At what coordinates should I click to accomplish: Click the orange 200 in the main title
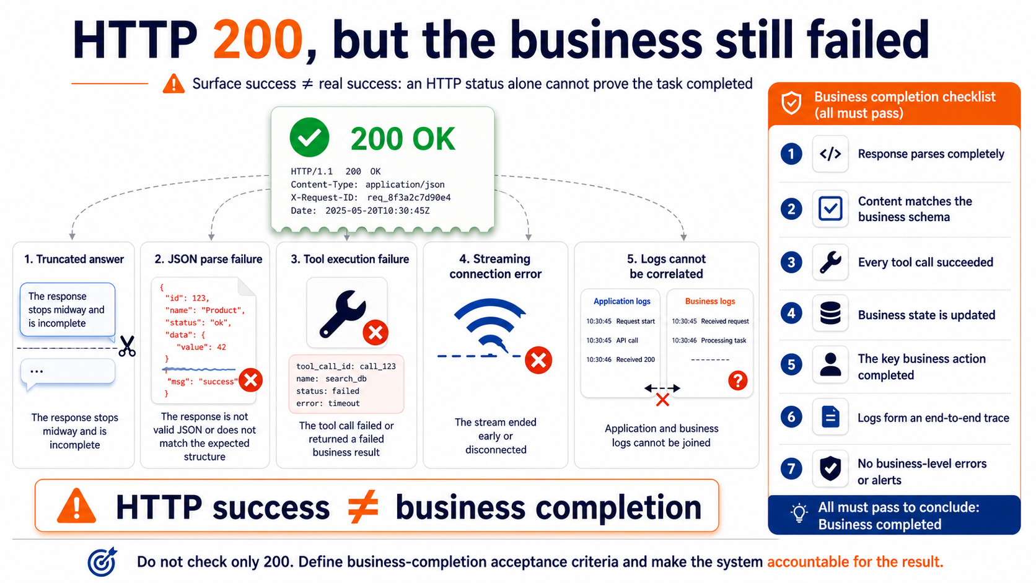tap(258, 40)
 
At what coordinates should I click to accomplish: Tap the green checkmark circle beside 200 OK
tap(309, 138)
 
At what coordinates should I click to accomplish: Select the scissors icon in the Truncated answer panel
tap(127, 346)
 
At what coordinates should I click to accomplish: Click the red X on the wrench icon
tap(375, 333)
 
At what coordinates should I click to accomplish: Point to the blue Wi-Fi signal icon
tap(489, 326)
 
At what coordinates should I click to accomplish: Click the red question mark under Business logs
tap(737, 380)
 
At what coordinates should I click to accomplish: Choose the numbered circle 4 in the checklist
tap(791, 313)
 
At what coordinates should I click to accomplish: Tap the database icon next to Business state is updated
tap(830, 313)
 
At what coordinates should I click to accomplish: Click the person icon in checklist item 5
tap(830, 364)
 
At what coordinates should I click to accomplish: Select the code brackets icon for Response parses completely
tap(830, 154)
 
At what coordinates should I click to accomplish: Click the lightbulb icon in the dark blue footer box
tap(799, 513)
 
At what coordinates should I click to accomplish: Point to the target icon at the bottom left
tap(102, 562)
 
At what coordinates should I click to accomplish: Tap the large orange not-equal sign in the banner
tap(363, 507)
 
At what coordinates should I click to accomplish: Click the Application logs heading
tap(621, 302)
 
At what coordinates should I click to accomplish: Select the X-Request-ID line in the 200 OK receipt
tap(371, 198)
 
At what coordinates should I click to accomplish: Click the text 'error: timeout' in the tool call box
tap(328, 403)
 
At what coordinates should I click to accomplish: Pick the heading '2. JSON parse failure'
tap(208, 260)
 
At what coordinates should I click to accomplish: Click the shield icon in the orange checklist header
tap(791, 103)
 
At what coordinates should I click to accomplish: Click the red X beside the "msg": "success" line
tap(251, 380)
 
